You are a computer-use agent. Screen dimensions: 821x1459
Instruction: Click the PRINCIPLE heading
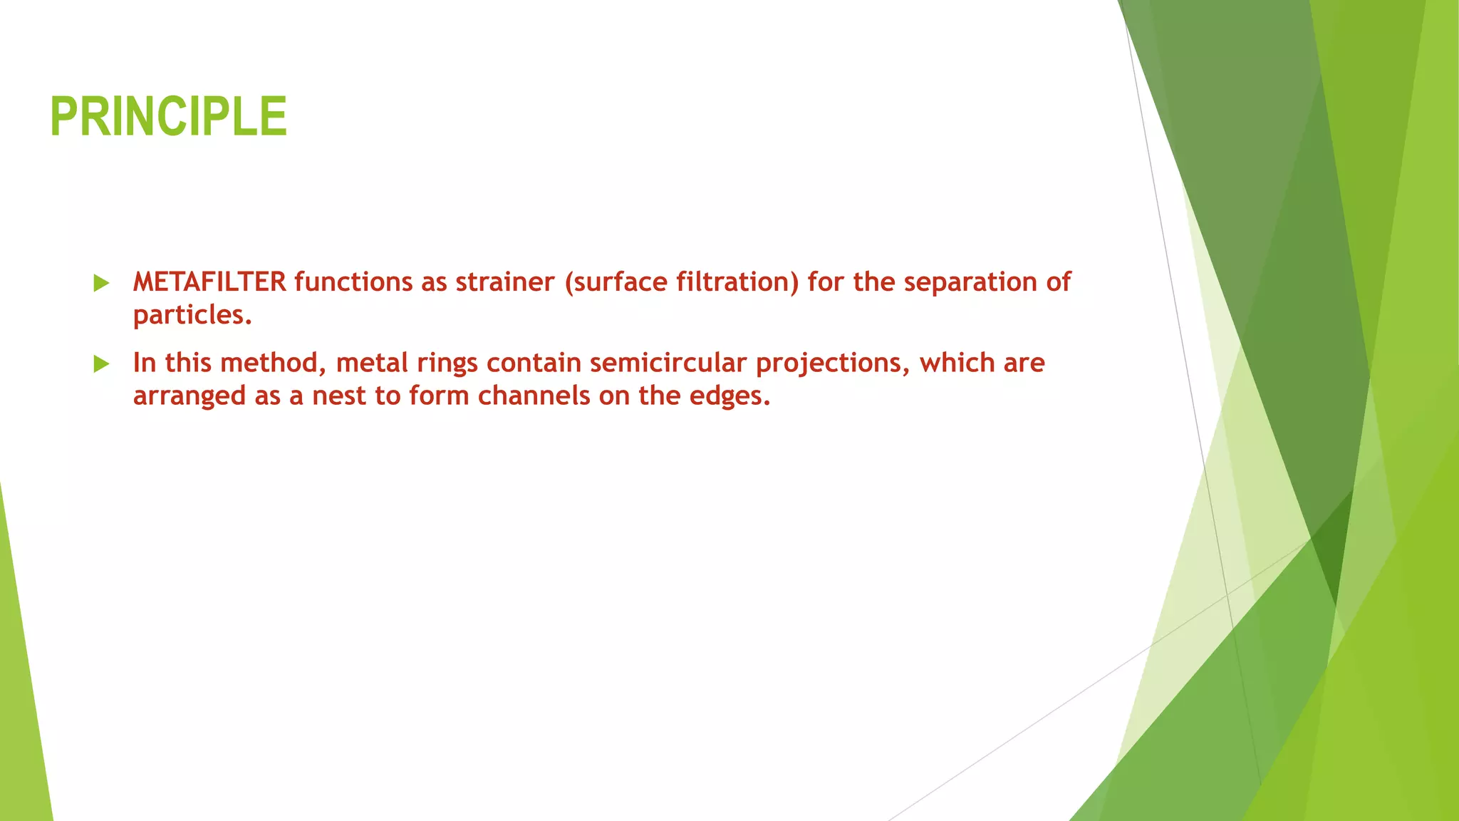(x=169, y=117)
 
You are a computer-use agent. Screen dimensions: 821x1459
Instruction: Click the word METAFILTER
(x=209, y=282)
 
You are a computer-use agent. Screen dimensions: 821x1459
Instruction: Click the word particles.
(x=192, y=315)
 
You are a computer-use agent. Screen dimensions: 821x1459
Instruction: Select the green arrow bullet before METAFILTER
(x=101, y=284)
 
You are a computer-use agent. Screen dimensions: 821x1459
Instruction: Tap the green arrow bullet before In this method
(x=101, y=364)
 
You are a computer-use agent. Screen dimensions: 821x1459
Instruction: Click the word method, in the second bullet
(x=274, y=363)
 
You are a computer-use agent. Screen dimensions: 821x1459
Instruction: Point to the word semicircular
(x=668, y=363)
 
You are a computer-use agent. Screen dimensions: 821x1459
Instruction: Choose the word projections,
(x=833, y=363)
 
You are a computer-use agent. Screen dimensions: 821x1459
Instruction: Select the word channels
(x=534, y=396)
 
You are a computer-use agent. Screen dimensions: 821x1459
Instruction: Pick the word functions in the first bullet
(x=353, y=282)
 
